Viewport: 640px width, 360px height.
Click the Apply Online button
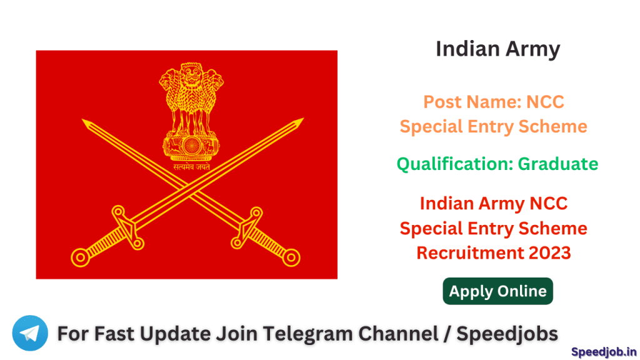[x=497, y=291]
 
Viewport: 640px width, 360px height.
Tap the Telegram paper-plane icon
[x=29, y=333]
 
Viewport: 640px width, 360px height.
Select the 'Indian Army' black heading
[x=497, y=49]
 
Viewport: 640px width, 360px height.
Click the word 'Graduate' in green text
[x=558, y=164]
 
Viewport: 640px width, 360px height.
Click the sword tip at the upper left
[x=84, y=121]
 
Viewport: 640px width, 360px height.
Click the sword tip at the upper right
[x=301, y=119]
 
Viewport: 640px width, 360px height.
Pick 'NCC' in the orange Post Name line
[x=546, y=101]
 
